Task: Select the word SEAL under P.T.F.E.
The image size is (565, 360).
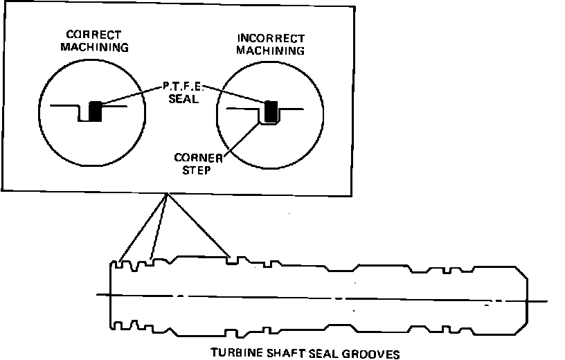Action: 182,100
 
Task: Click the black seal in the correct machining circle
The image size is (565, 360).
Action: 96,111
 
